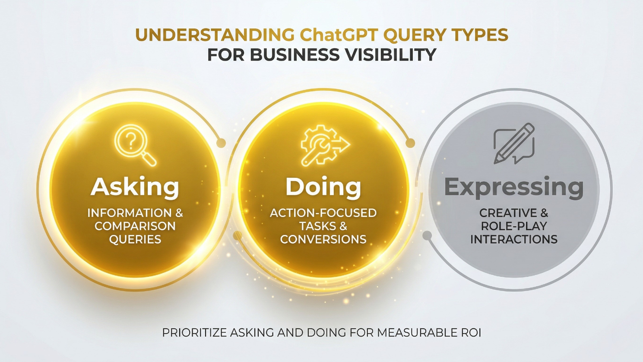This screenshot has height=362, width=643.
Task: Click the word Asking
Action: coord(135,187)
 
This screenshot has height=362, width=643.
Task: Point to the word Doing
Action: coord(323,187)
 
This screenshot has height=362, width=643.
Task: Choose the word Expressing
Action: coord(514,187)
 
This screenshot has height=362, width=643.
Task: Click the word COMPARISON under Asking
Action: coord(135,226)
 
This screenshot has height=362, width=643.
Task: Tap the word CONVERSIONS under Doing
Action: coord(323,239)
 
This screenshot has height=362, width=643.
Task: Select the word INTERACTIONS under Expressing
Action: coord(514,239)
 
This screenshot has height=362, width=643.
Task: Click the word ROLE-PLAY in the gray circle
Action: coord(514,226)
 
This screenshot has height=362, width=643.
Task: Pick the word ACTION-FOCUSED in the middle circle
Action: coord(323,213)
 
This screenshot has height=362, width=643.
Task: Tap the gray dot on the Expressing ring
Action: coord(427,236)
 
